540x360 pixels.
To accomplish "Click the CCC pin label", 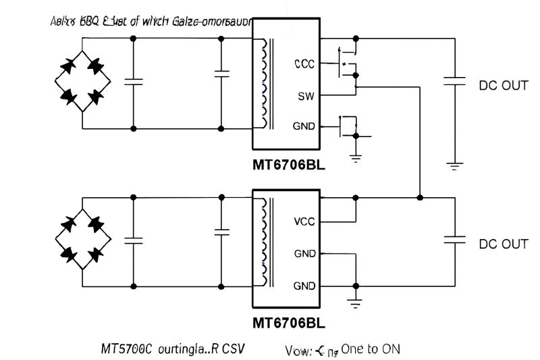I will coord(304,65).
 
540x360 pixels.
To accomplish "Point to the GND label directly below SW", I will coord(304,126).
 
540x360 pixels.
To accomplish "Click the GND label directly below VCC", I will coord(304,254).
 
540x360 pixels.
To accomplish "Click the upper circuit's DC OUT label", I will coord(503,86).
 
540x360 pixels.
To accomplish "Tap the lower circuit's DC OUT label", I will coord(503,244).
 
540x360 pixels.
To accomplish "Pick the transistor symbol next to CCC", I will coord(347,65).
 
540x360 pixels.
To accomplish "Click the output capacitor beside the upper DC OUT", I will coord(455,81).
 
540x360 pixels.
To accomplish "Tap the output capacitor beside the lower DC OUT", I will coord(455,238).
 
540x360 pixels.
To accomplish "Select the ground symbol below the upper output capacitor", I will coord(455,164).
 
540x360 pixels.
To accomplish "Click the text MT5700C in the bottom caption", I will coord(126,349).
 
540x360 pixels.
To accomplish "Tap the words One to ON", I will coord(371,349).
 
